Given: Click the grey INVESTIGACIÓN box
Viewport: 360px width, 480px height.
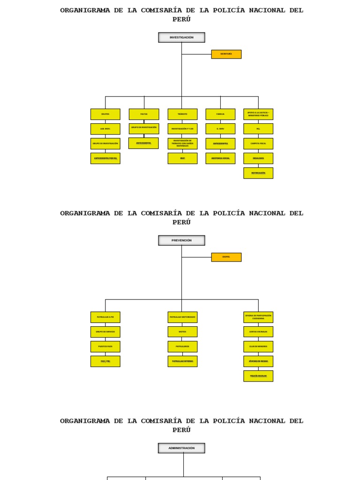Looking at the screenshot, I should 181,37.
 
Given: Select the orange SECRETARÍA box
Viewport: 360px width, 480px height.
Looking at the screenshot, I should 226,54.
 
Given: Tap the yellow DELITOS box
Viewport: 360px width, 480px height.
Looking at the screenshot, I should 105,114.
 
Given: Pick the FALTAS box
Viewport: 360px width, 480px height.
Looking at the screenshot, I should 143,114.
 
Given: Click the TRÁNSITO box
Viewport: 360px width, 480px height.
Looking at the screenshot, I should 182,114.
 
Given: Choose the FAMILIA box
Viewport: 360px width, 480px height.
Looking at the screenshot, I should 220,114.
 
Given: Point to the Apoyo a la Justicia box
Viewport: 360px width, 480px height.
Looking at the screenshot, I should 258,114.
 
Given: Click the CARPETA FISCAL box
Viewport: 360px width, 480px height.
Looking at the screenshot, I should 258,143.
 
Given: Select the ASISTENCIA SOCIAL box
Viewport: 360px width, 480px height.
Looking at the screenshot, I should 220,158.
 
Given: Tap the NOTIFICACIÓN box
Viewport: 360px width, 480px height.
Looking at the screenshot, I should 258,173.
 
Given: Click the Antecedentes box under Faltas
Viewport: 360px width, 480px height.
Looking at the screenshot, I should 143,143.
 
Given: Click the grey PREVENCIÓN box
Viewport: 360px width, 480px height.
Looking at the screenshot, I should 181,240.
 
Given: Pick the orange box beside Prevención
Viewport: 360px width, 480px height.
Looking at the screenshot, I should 226,257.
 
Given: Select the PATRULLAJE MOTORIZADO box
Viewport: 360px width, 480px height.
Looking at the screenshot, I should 182,317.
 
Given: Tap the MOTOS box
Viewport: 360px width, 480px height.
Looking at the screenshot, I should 182,331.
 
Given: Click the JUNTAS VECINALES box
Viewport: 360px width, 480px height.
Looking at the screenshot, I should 258,331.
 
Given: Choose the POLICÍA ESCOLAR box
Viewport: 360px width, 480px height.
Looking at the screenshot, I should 258,376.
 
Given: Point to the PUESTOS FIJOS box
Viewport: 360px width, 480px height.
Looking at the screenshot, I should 105,346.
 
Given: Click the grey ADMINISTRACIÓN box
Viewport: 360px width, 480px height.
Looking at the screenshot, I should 181,448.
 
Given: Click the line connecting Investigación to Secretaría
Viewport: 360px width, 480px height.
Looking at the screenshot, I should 197,54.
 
